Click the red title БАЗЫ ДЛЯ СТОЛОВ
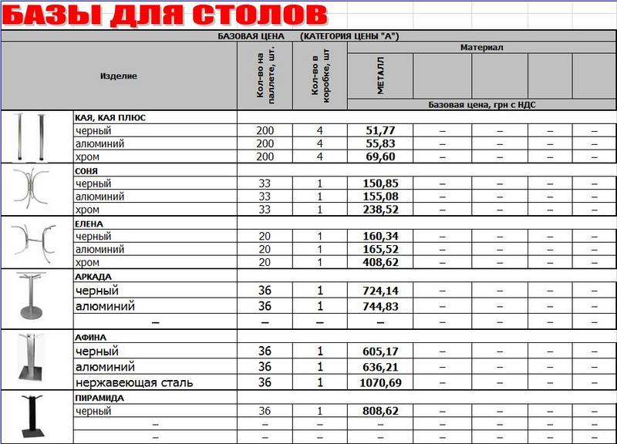(164, 15)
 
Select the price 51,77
(380, 131)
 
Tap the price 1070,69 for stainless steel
(380, 383)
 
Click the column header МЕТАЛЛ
(380, 76)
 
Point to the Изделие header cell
(119, 76)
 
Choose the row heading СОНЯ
(86, 170)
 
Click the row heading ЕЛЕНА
(89, 224)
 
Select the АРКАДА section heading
(93, 277)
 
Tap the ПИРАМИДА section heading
(99, 398)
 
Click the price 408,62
(380, 263)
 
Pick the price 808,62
(380, 412)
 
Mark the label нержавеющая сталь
(134, 383)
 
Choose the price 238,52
(380, 210)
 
